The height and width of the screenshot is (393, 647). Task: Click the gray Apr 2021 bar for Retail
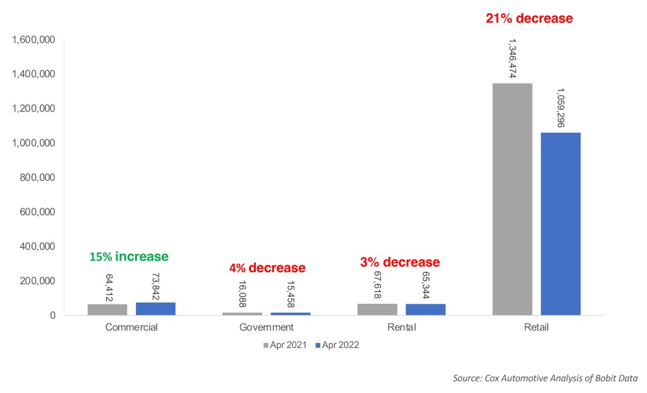(x=512, y=199)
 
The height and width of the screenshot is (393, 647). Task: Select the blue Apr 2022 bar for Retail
(x=561, y=224)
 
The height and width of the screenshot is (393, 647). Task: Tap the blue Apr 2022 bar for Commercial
(x=155, y=309)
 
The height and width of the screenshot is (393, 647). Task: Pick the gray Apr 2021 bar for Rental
(x=378, y=309)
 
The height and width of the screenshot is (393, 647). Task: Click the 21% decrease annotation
(x=529, y=18)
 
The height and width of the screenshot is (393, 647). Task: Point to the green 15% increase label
(x=129, y=257)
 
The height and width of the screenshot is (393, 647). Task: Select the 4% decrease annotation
(x=267, y=268)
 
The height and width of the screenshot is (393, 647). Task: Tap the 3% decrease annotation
(x=400, y=262)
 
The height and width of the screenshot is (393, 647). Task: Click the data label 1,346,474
(x=512, y=59)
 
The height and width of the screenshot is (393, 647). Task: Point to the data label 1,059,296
(x=561, y=108)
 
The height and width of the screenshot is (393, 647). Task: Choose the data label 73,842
(x=155, y=287)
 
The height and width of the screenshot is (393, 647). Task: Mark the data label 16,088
(x=242, y=294)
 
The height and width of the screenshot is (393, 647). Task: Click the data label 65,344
(x=426, y=285)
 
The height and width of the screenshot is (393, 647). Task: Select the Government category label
(x=266, y=327)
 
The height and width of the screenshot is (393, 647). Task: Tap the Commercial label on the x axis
(x=131, y=327)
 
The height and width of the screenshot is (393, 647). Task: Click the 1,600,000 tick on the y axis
(x=33, y=40)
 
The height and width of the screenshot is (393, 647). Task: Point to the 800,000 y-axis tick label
(x=37, y=178)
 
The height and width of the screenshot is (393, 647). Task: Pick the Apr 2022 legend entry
(x=337, y=345)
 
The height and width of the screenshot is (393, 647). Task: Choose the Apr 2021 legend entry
(x=285, y=345)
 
